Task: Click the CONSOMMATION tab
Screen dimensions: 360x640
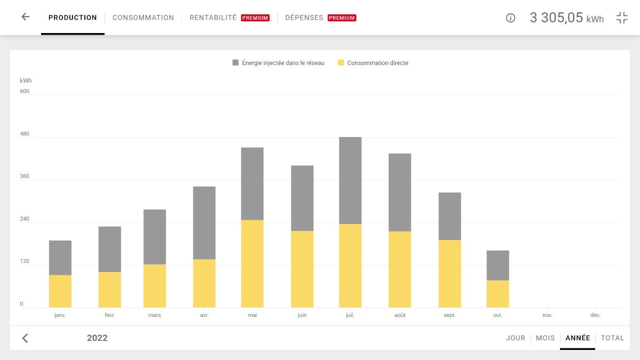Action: [143, 18]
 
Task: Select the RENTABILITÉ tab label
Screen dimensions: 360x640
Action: [213, 18]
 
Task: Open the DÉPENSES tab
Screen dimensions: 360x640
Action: [304, 18]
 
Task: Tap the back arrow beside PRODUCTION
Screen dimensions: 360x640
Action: [25, 17]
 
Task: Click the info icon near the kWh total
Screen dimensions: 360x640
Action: [510, 18]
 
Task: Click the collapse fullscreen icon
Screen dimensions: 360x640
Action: [622, 18]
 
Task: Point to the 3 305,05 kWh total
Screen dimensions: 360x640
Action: [566, 18]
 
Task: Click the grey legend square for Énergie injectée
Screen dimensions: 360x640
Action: [236, 63]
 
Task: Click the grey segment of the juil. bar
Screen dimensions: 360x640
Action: [350, 180]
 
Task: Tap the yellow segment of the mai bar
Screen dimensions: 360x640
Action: [252, 263]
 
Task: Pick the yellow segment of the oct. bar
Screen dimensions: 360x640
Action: [498, 294]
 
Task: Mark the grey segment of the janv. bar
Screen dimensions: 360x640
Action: [60, 258]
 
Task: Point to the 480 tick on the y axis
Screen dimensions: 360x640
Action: [25, 134]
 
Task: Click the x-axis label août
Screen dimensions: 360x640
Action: [399, 315]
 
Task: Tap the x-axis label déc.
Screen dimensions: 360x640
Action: [595, 315]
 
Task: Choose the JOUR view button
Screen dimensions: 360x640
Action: [515, 338]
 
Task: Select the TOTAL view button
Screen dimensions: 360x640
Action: [612, 338]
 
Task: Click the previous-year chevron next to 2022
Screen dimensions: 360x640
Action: [25, 338]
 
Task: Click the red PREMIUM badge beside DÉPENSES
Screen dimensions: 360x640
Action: [342, 18]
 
